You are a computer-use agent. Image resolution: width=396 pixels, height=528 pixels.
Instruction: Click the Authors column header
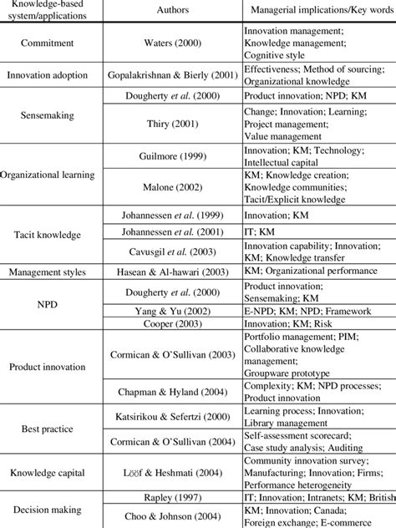point(172,11)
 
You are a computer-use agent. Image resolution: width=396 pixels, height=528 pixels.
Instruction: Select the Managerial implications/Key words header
point(317,11)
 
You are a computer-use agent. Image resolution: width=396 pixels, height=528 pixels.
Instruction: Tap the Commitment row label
point(52,43)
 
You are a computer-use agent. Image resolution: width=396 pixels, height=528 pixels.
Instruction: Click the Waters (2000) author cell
point(172,43)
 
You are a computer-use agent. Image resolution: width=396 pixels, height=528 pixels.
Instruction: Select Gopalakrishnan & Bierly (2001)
point(172,75)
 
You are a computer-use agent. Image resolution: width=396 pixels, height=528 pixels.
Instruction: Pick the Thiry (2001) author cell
point(172,124)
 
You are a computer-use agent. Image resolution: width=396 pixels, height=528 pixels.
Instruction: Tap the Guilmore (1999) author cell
point(172,155)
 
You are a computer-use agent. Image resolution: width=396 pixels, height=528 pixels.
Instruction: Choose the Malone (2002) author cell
point(172,188)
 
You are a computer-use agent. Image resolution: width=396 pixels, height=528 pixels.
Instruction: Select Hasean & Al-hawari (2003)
point(172,272)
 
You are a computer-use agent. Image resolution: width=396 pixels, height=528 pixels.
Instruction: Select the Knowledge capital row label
point(52,473)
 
